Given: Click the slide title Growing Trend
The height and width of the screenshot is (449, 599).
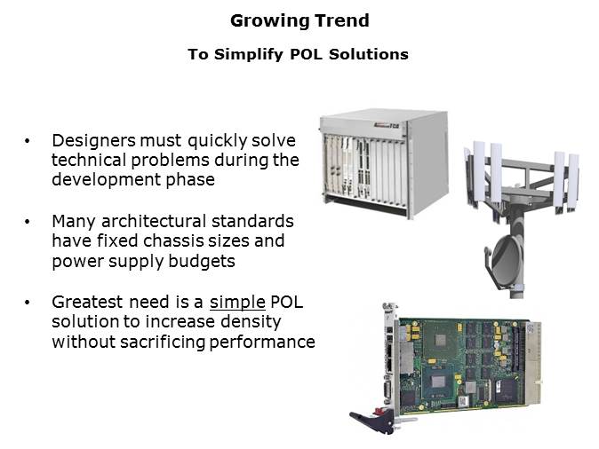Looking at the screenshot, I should tap(299, 20).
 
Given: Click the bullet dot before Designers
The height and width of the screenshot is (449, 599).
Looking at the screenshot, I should tap(30, 141).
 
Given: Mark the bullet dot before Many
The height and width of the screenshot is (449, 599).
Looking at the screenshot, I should tap(30, 221).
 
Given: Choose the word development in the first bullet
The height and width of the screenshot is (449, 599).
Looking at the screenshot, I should tap(101, 179).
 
